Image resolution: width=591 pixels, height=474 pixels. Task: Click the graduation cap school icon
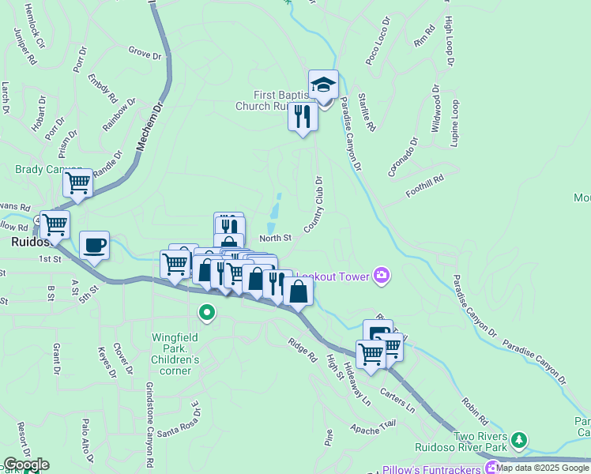point(323,84)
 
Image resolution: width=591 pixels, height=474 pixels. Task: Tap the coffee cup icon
point(94,244)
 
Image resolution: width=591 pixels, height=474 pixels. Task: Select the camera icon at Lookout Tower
point(382,275)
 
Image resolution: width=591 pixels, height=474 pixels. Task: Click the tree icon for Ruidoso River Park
point(518,438)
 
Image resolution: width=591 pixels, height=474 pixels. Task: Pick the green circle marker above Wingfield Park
point(207,314)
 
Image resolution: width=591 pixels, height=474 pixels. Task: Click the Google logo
point(25,464)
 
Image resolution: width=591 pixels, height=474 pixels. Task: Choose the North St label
point(275,238)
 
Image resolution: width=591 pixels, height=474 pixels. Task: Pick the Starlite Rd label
point(366,110)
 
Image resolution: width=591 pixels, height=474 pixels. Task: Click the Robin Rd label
point(476,405)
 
